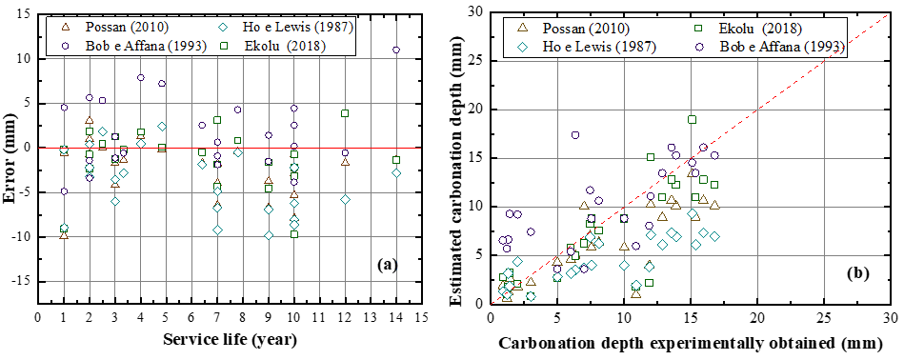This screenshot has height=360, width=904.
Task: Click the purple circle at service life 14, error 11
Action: tap(396, 50)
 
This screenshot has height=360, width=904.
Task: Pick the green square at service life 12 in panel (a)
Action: tap(345, 113)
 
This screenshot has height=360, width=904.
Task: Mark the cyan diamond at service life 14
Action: tap(396, 173)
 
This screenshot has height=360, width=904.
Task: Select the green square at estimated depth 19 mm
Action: tap(692, 120)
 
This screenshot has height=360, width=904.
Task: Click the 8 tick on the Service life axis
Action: tap(243, 318)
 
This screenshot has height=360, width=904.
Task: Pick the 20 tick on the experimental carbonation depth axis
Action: tap(756, 318)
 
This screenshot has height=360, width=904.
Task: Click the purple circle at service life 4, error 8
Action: tap(141, 77)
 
